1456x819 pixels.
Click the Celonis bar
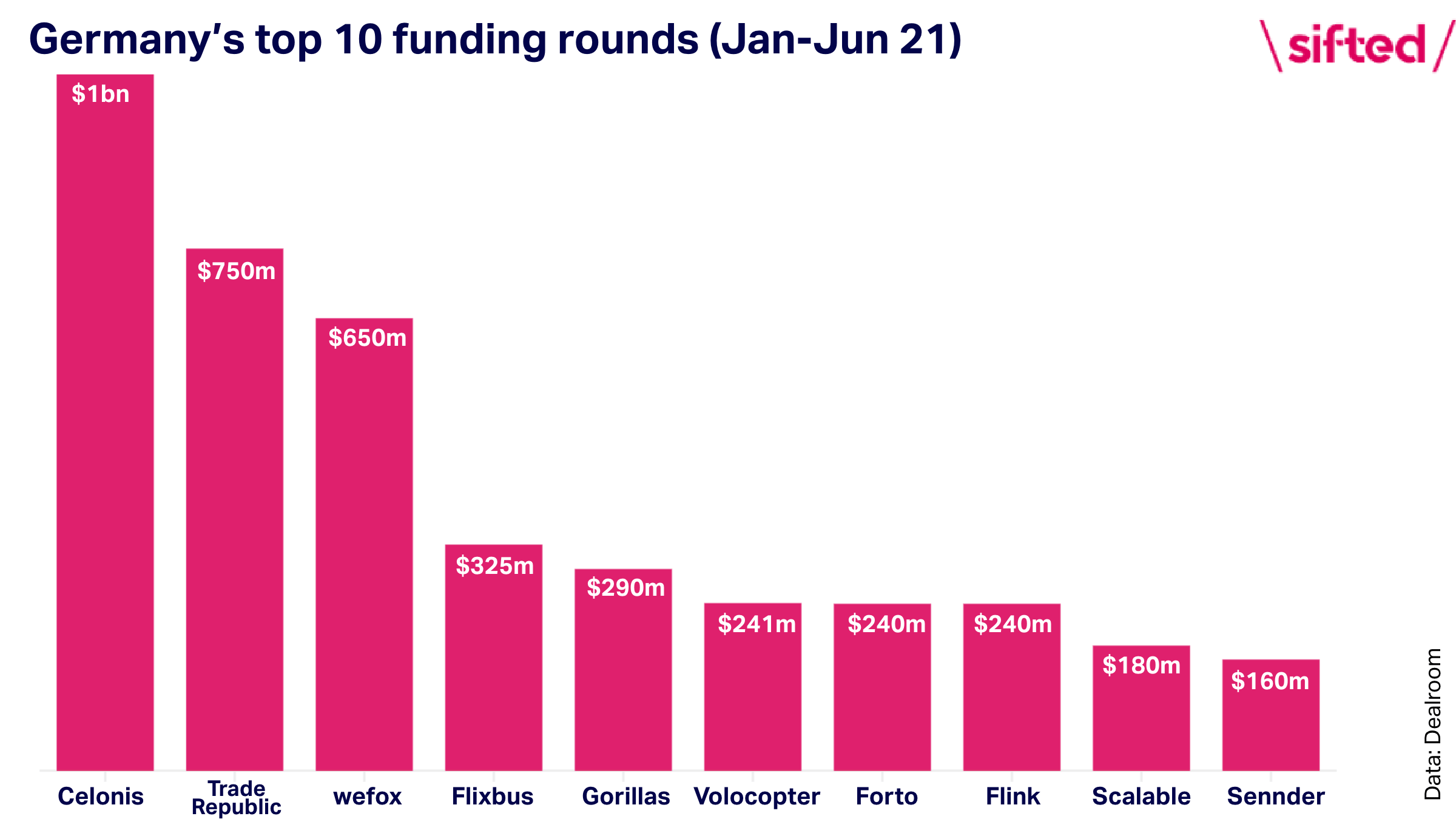pos(105,422)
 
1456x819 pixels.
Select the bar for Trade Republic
pos(235,510)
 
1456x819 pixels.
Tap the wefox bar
pos(364,544)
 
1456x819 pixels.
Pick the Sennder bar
pos(1271,715)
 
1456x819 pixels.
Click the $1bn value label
pos(101,94)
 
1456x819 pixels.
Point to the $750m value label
pos(237,271)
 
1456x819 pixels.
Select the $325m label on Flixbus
pos(495,565)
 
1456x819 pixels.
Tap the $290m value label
pos(626,587)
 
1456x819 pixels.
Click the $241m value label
pos(757,624)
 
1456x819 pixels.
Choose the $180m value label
pos(1142,665)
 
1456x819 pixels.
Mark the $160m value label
pos(1270,681)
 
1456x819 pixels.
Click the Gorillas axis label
pos(626,796)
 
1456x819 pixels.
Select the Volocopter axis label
pos(757,797)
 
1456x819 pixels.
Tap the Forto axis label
pos(887,796)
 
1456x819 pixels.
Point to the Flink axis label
pos(1013,796)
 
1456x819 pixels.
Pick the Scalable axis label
pos(1142,796)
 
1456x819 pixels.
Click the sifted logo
pos(1358,45)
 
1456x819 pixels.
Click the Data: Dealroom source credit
pos(1433,724)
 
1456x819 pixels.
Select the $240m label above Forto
pos(887,624)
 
